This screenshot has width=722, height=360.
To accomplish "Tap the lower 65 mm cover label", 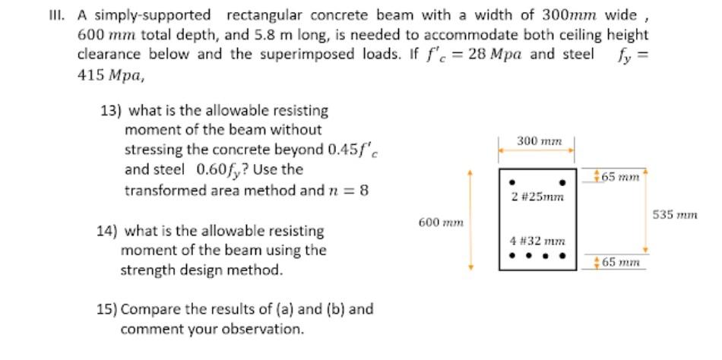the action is [619, 263].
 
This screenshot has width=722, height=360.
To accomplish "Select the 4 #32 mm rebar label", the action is [537, 241].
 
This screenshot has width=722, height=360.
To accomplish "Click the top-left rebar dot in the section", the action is [513, 183].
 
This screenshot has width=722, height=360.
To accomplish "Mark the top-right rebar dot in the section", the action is [562, 183].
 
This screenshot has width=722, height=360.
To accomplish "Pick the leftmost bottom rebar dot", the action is [513, 255].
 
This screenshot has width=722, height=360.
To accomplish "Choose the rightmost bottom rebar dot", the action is [563, 255].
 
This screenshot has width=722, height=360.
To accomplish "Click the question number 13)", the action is [111, 110].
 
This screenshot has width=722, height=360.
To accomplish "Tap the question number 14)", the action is [106, 230].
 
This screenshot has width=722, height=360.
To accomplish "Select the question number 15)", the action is [106, 309].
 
